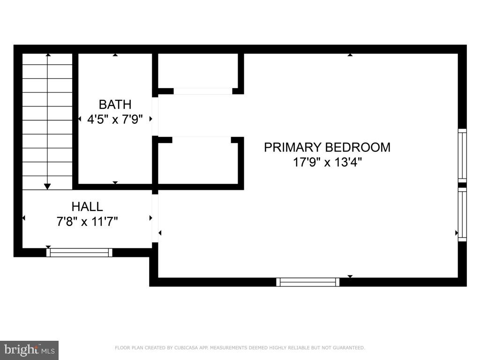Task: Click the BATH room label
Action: tap(115, 104)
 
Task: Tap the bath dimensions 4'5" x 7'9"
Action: tap(115, 119)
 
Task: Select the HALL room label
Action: tap(87, 206)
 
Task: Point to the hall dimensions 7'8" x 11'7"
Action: tap(87, 221)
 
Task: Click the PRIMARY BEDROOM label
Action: tap(327, 147)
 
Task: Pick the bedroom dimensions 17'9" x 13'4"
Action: tap(327, 163)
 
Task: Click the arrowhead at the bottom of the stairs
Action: tap(47, 186)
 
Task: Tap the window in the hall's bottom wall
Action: tap(79, 253)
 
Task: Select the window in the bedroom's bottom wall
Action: tap(307, 282)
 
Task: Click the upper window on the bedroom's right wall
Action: tap(462, 156)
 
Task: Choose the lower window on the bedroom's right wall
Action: tap(462, 214)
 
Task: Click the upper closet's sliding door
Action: tap(202, 91)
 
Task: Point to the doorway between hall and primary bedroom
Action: tap(155, 218)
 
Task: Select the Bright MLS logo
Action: tap(29, 350)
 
